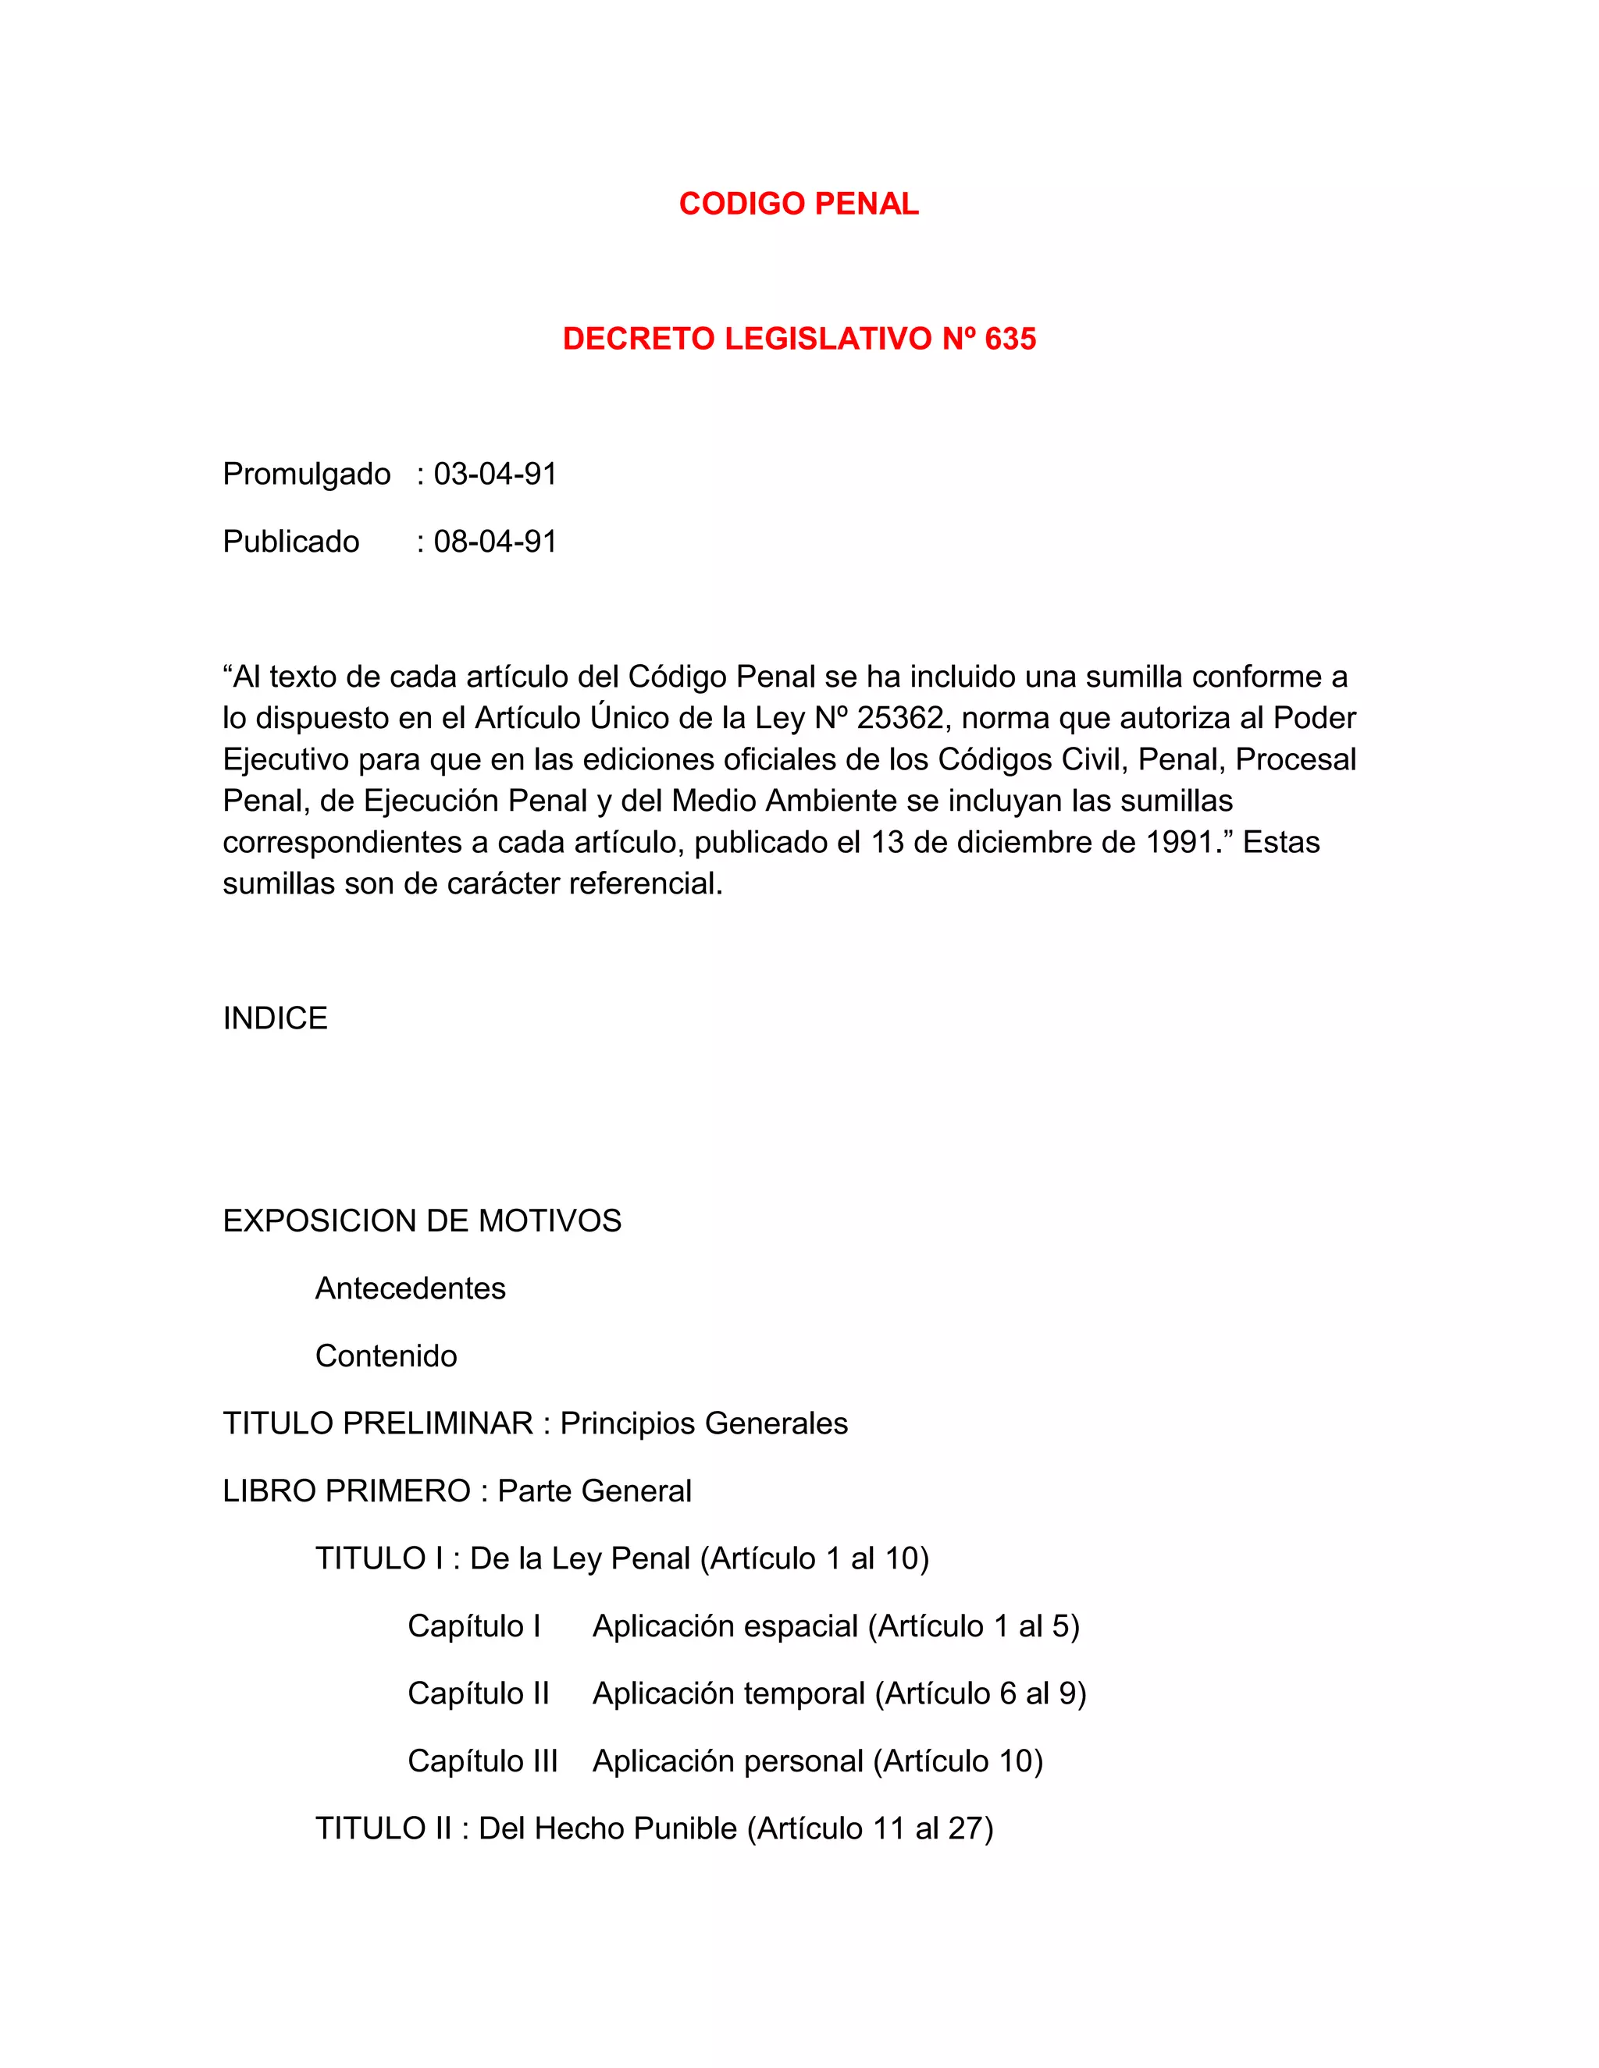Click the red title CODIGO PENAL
799,204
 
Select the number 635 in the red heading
1010,339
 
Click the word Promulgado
306,474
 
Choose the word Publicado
290,542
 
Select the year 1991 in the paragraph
1181,842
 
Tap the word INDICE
275,1018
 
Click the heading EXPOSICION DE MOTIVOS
422,1221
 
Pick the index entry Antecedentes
410,1288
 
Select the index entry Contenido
386,1356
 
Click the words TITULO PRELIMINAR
378,1423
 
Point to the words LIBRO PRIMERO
346,1491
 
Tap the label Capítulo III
483,1761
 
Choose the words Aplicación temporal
728,1693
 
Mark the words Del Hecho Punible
607,1828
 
